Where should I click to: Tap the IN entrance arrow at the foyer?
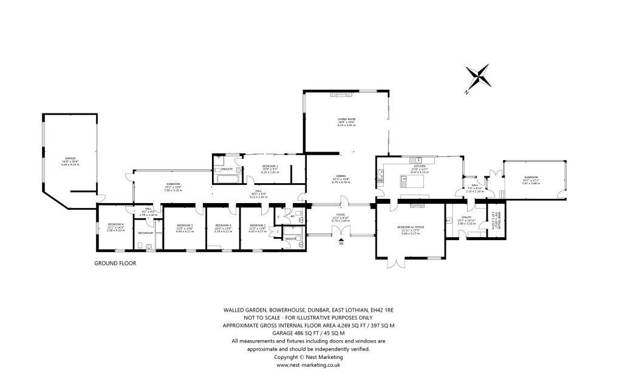pos(341,242)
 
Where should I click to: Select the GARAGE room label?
pos(71,159)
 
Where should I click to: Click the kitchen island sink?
pos(403,179)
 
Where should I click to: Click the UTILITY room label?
pos(466,217)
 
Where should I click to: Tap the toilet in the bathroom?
pos(140,246)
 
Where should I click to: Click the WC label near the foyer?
pos(292,215)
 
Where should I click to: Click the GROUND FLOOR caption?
pos(115,264)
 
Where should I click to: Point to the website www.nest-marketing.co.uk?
pos(308,366)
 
